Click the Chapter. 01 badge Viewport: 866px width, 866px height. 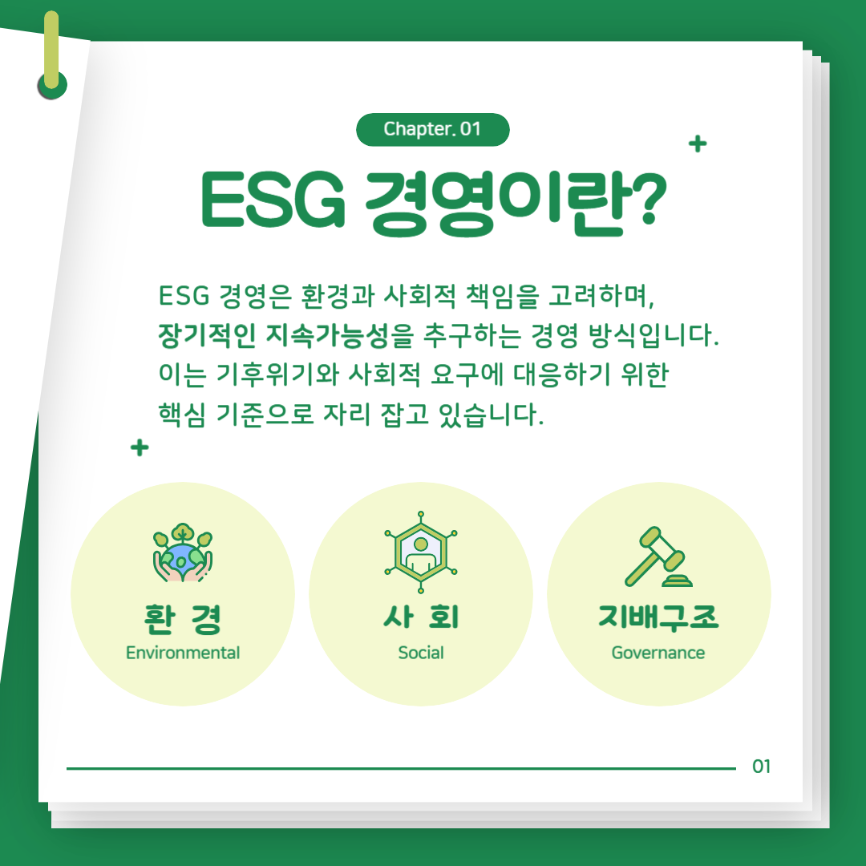(432, 130)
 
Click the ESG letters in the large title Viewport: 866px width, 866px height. (273, 200)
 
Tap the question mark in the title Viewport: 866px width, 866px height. (646, 198)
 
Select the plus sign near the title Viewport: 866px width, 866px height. (698, 144)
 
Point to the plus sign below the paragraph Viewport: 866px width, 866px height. (140, 447)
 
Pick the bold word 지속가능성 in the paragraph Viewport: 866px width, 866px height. (328, 334)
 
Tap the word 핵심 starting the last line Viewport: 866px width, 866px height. (182, 415)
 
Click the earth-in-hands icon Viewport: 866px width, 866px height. (183, 552)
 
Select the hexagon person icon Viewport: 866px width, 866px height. (421, 552)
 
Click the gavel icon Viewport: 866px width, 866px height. (658, 556)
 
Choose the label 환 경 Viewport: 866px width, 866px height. (183, 618)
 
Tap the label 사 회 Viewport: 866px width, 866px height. (421, 617)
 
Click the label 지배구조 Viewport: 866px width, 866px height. (658, 617)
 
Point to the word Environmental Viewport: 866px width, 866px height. (183, 653)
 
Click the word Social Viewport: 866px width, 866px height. (421, 653)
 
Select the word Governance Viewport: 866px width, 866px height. (658, 653)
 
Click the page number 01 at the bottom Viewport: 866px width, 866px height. (762, 767)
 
